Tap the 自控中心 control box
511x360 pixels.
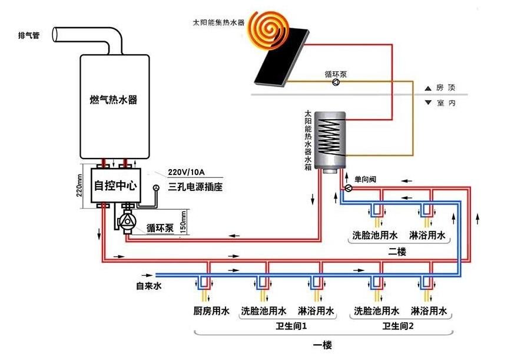point(115,186)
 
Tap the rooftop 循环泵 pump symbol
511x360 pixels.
point(335,83)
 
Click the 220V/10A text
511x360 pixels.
point(185,172)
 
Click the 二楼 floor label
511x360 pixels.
point(397,250)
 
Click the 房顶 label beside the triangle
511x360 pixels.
point(446,87)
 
